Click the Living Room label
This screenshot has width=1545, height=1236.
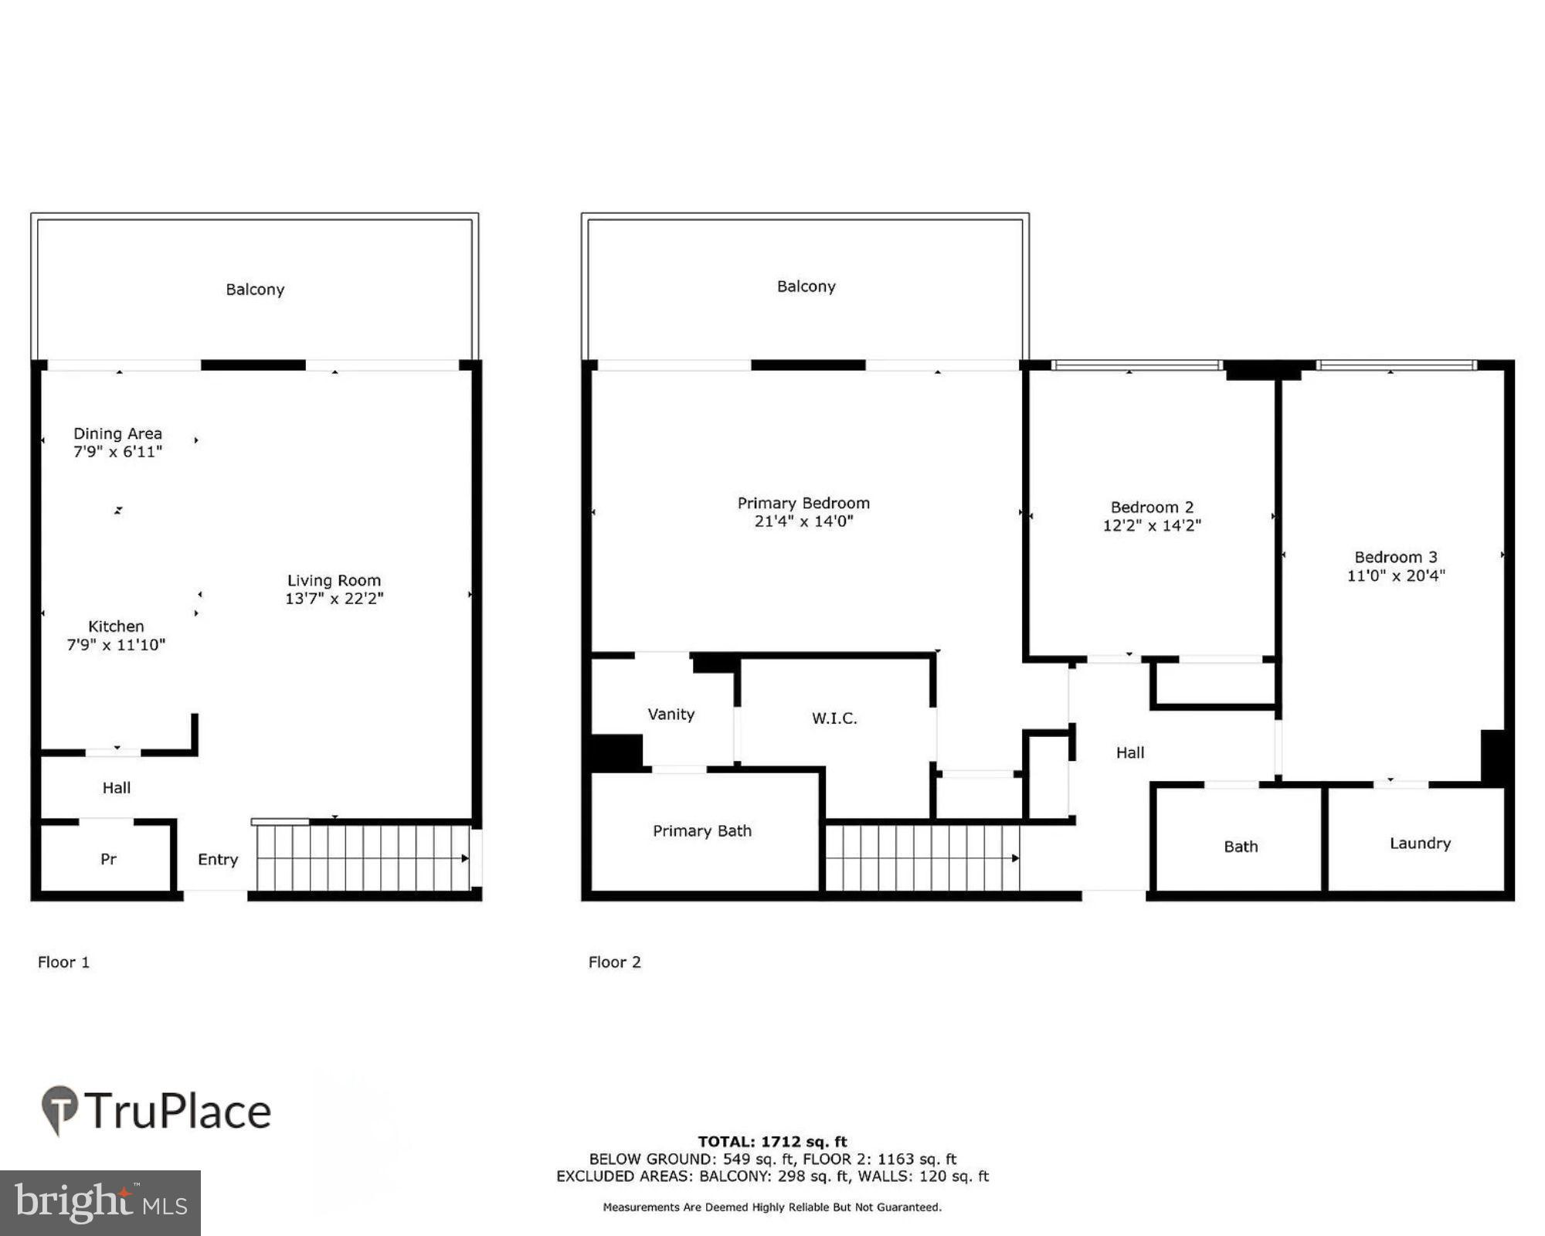point(334,580)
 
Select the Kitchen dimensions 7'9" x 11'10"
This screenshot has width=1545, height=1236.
point(116,645)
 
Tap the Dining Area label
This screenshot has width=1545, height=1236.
point(117,433)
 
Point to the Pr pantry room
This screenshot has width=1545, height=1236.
point(108,858)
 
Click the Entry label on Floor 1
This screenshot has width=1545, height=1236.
point(218,859)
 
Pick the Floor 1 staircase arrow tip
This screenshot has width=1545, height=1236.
point(466,858)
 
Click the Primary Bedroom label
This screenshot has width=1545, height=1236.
point(803,503)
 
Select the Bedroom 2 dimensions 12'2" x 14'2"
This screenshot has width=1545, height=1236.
point(1152,525)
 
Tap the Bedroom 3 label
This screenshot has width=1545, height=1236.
point(1395,557)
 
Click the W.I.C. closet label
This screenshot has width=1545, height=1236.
point(834,718)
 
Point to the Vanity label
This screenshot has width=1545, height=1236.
point(671,714)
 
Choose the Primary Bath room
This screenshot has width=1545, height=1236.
point(701,830)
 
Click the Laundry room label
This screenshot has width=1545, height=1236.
point(1420,843)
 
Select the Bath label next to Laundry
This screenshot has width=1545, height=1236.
point(1241,847)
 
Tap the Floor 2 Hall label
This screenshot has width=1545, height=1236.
point(1129,752)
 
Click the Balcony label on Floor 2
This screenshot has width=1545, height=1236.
point(806,287)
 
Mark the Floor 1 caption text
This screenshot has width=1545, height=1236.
point(63,962)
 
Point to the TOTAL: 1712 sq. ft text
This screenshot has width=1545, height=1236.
point(772,1141)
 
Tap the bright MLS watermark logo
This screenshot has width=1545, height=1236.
point(100,1203)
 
